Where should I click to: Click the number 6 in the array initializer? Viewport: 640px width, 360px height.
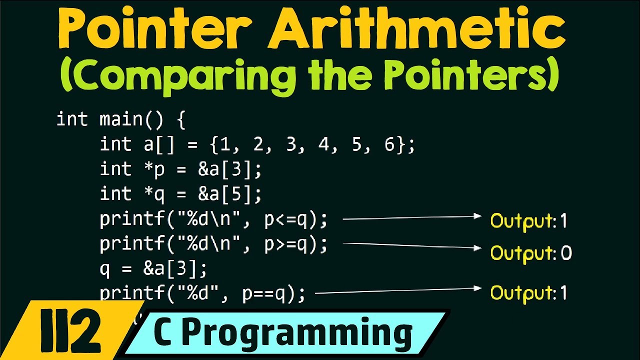(389, 145)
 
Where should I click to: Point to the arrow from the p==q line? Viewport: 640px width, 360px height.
(398, 290)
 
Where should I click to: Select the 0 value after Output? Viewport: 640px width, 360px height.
(566, 253)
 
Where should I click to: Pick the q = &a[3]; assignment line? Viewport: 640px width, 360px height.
(153, 269)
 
